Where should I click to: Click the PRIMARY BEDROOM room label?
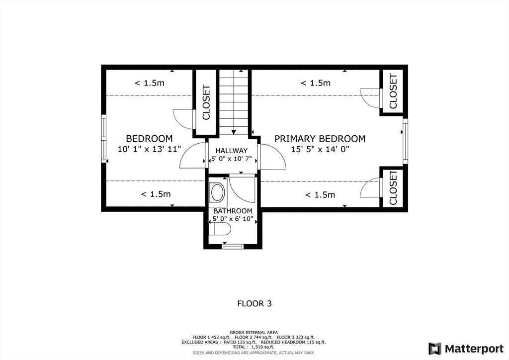click(x=320, y=139)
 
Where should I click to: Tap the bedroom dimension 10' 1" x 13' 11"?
click(x=149, y=149)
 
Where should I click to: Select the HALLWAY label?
click(x=232, y=151)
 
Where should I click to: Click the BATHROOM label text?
click(x=233, y=211)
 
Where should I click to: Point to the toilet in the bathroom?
click(x=220, y=229)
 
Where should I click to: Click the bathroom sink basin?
click(x=218, y=192)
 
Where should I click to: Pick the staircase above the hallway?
click(x=234, y=102)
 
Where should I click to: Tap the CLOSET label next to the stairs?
click(x=206, y=102)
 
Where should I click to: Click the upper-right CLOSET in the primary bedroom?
click(x=393, y=91)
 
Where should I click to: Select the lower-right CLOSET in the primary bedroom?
click(x=393, y=188)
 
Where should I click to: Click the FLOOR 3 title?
click(x=254, y=304)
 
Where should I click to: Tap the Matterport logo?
click(x=466, y=349)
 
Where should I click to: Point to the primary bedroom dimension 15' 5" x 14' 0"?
click(x=320, y=149)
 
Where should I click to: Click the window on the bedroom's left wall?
click(x=104, y=139)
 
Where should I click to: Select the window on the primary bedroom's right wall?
click(x=405, y=141)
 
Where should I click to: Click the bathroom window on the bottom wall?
click(x=233, y=247)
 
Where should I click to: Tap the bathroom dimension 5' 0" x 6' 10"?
click(x=233, y=219)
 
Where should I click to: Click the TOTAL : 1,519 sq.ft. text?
click(x=254, y=347)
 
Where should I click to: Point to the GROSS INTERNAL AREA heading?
click(x=254, y=333)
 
